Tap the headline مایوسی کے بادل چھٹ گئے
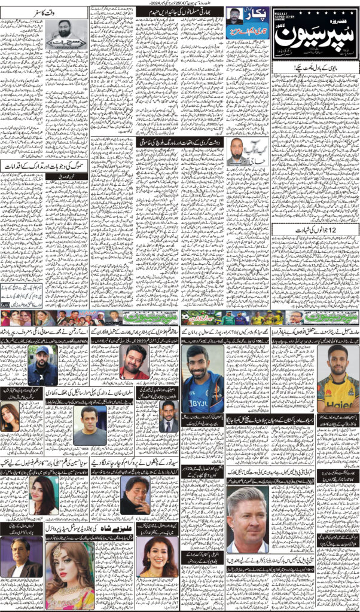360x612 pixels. coord(315,69)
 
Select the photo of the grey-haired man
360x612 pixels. coord(247,519)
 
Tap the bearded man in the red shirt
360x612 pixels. coord(135,362)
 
